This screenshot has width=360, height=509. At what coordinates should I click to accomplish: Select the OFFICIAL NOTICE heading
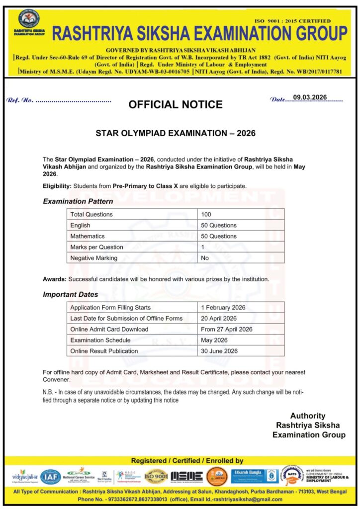click(175, 105)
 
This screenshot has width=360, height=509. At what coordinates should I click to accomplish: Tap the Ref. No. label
click(20, 100)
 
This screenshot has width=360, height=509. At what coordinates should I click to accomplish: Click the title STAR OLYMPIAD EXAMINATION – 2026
click(175, 134)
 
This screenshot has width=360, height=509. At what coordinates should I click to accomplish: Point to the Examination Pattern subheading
click(78, 201)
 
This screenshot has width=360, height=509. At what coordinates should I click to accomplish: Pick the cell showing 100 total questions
click(206, 214)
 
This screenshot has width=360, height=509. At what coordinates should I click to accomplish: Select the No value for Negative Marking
click(205, 258)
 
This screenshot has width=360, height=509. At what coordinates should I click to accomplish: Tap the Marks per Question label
click(96, 247)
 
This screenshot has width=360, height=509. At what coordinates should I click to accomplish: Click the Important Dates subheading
click(71, 294)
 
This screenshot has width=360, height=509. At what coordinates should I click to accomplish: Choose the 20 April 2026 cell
click(219, 318)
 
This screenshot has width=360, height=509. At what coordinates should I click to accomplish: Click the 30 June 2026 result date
click(219, 351)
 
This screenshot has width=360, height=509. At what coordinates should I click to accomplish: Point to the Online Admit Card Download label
click(109, 329)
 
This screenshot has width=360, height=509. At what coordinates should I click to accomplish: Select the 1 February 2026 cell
click(223, 307)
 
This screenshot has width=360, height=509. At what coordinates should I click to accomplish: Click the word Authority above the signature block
click(308, 416)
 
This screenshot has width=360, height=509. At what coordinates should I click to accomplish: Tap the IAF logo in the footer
click(51, 477)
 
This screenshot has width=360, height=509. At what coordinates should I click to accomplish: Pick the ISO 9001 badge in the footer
click(156, 476)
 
